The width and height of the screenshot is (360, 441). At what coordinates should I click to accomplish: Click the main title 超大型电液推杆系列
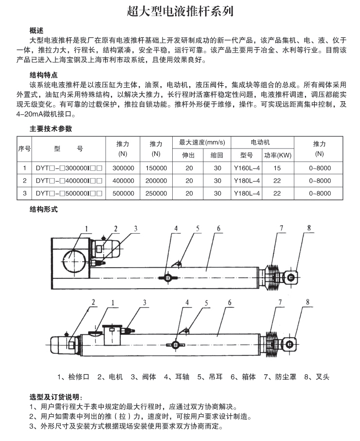point(180,11)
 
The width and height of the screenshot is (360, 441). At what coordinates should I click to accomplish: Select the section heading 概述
point(37,30)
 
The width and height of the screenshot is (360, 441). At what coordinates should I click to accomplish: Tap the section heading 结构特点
point(44,75)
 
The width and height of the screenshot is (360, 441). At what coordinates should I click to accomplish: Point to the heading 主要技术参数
point(51,129)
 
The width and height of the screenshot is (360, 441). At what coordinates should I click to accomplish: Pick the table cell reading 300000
point(123,168)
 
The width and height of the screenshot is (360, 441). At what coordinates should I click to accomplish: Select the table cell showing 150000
point(156,168)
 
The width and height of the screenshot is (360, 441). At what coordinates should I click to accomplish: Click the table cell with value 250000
point(156,193)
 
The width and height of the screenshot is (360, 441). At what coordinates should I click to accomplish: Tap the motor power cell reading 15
point(277,168)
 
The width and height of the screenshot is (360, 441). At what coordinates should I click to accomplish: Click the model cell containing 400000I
point(69,181)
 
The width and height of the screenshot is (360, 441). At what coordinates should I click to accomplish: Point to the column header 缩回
point(217,156)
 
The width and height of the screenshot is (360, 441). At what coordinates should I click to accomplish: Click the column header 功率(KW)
point(277,156)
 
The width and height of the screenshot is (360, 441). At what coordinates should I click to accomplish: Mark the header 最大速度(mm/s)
point(202,143)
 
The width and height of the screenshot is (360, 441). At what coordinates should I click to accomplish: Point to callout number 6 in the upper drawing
point(219,228)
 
